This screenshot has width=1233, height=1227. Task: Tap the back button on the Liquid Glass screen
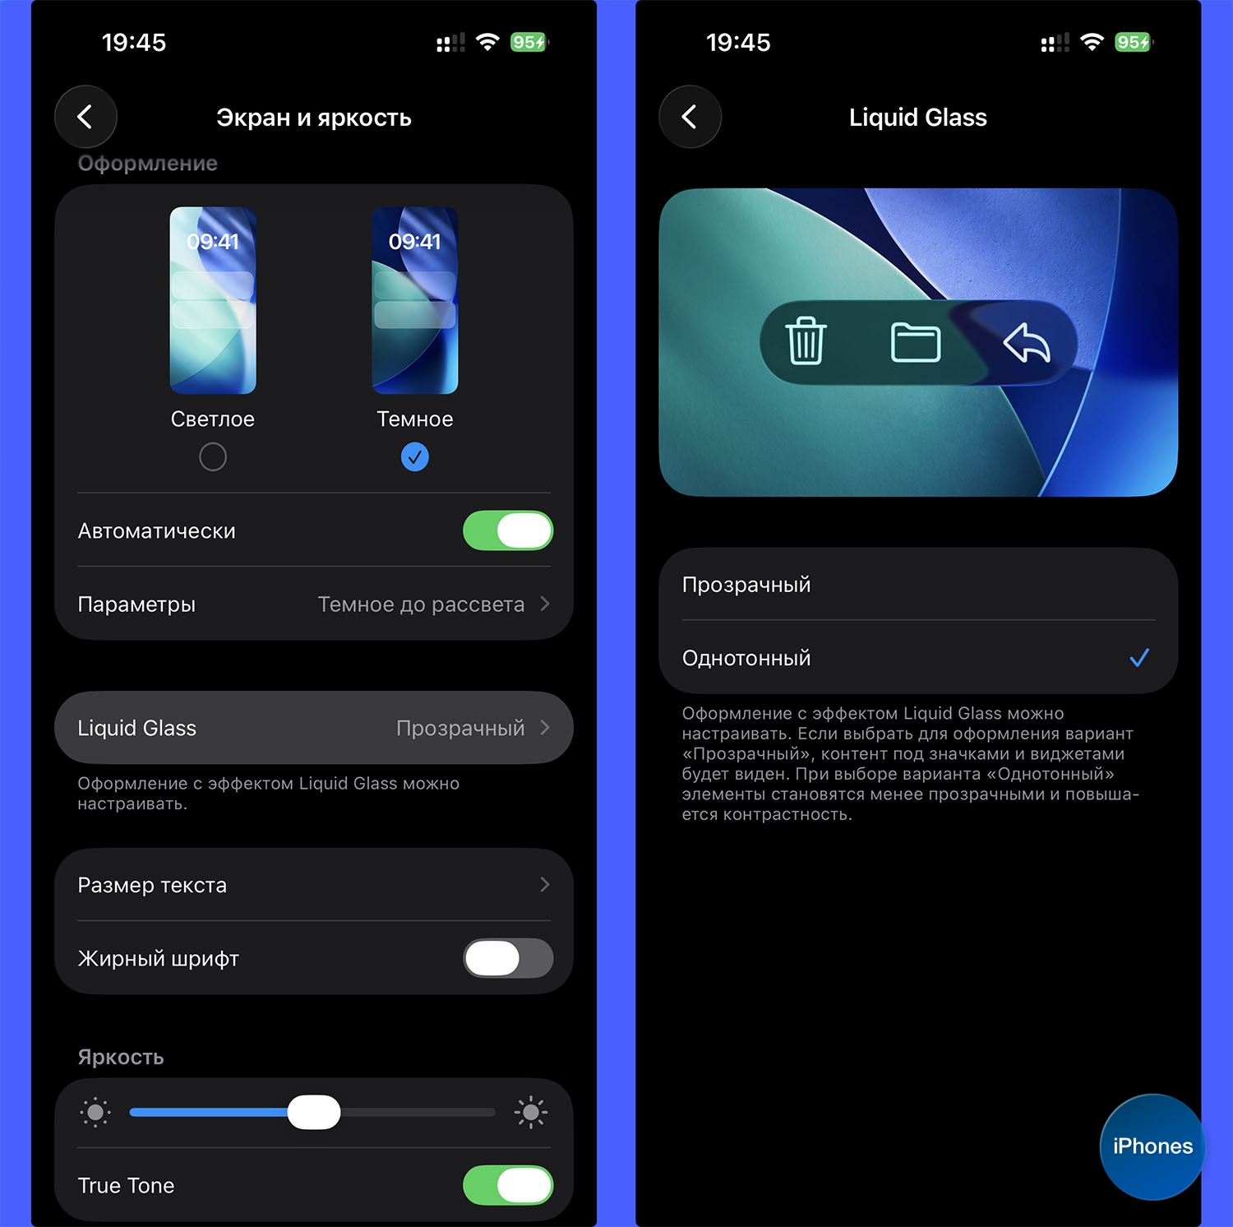[690, 117]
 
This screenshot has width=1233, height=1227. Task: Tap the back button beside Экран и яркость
[85, 117]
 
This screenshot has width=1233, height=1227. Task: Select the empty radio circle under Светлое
[213, 456]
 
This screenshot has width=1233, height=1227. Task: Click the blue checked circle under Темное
[414, 456]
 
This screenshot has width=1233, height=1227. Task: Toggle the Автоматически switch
[508, 530]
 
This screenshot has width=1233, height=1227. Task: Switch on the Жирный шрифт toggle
[508, 958]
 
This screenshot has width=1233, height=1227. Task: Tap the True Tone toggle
[508, 1185]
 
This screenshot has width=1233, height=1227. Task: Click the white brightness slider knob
[314, 1112]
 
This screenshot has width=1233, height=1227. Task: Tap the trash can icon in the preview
[806, 340]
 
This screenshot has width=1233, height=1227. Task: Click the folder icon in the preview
[916, 342]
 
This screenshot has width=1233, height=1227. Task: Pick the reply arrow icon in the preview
[1027, 342]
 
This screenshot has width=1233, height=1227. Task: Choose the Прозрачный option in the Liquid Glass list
[746, 585]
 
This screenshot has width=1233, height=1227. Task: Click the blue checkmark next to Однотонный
[1139, 658]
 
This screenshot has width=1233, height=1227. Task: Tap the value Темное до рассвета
[421, 604]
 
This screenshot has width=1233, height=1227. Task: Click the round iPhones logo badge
[1152, 1146]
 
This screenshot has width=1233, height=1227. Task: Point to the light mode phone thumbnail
[213, 300]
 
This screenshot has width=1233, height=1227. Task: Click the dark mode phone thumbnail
[414, 300]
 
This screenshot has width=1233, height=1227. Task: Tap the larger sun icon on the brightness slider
[531, 1113]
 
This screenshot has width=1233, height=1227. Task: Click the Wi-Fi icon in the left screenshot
[487, 42]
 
